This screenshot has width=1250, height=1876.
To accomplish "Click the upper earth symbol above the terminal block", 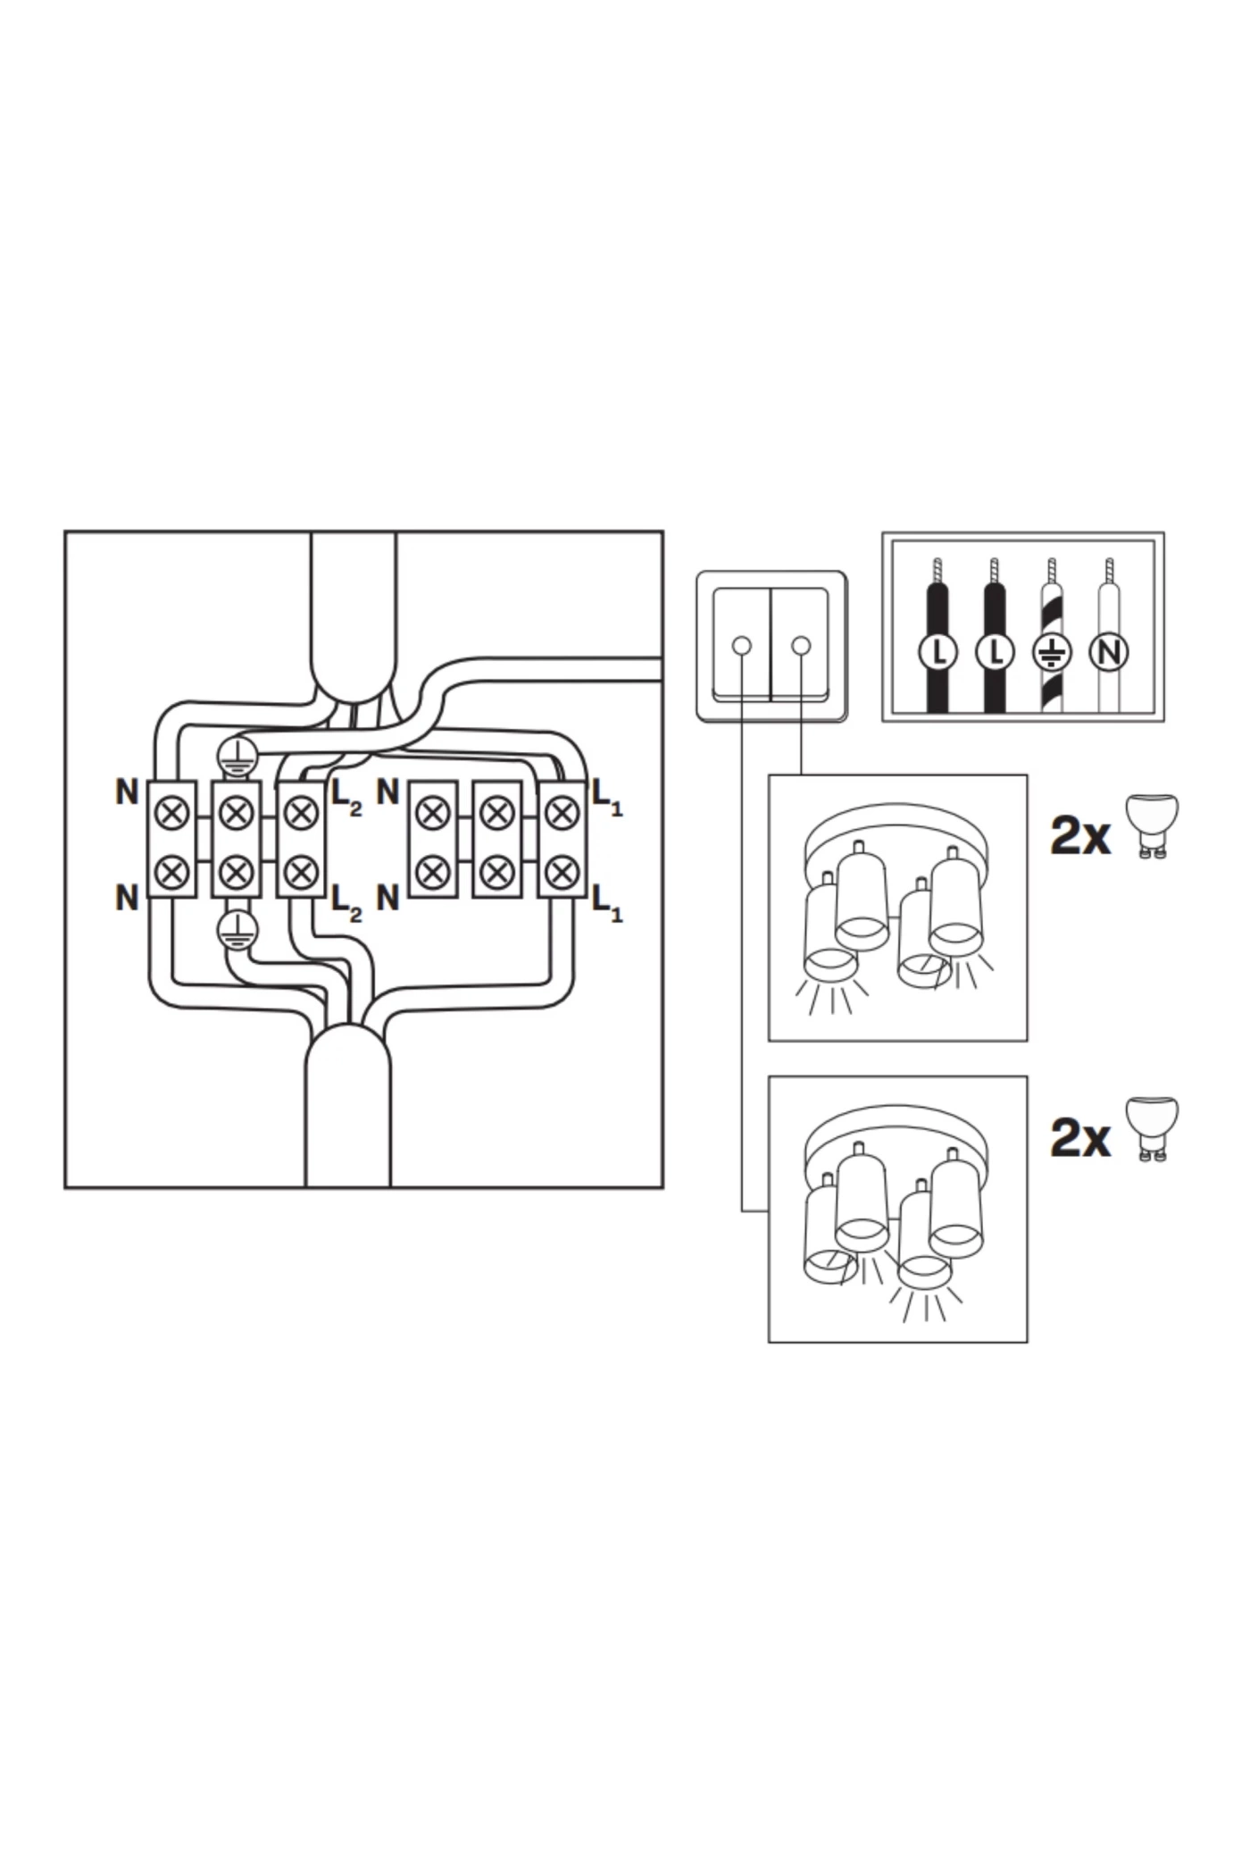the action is point(237,757).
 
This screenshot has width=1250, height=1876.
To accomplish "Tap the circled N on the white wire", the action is point(1108,652).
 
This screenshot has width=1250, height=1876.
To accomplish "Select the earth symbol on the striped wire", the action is point(1052,652).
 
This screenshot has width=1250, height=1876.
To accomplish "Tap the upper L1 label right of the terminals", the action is point(607,797).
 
